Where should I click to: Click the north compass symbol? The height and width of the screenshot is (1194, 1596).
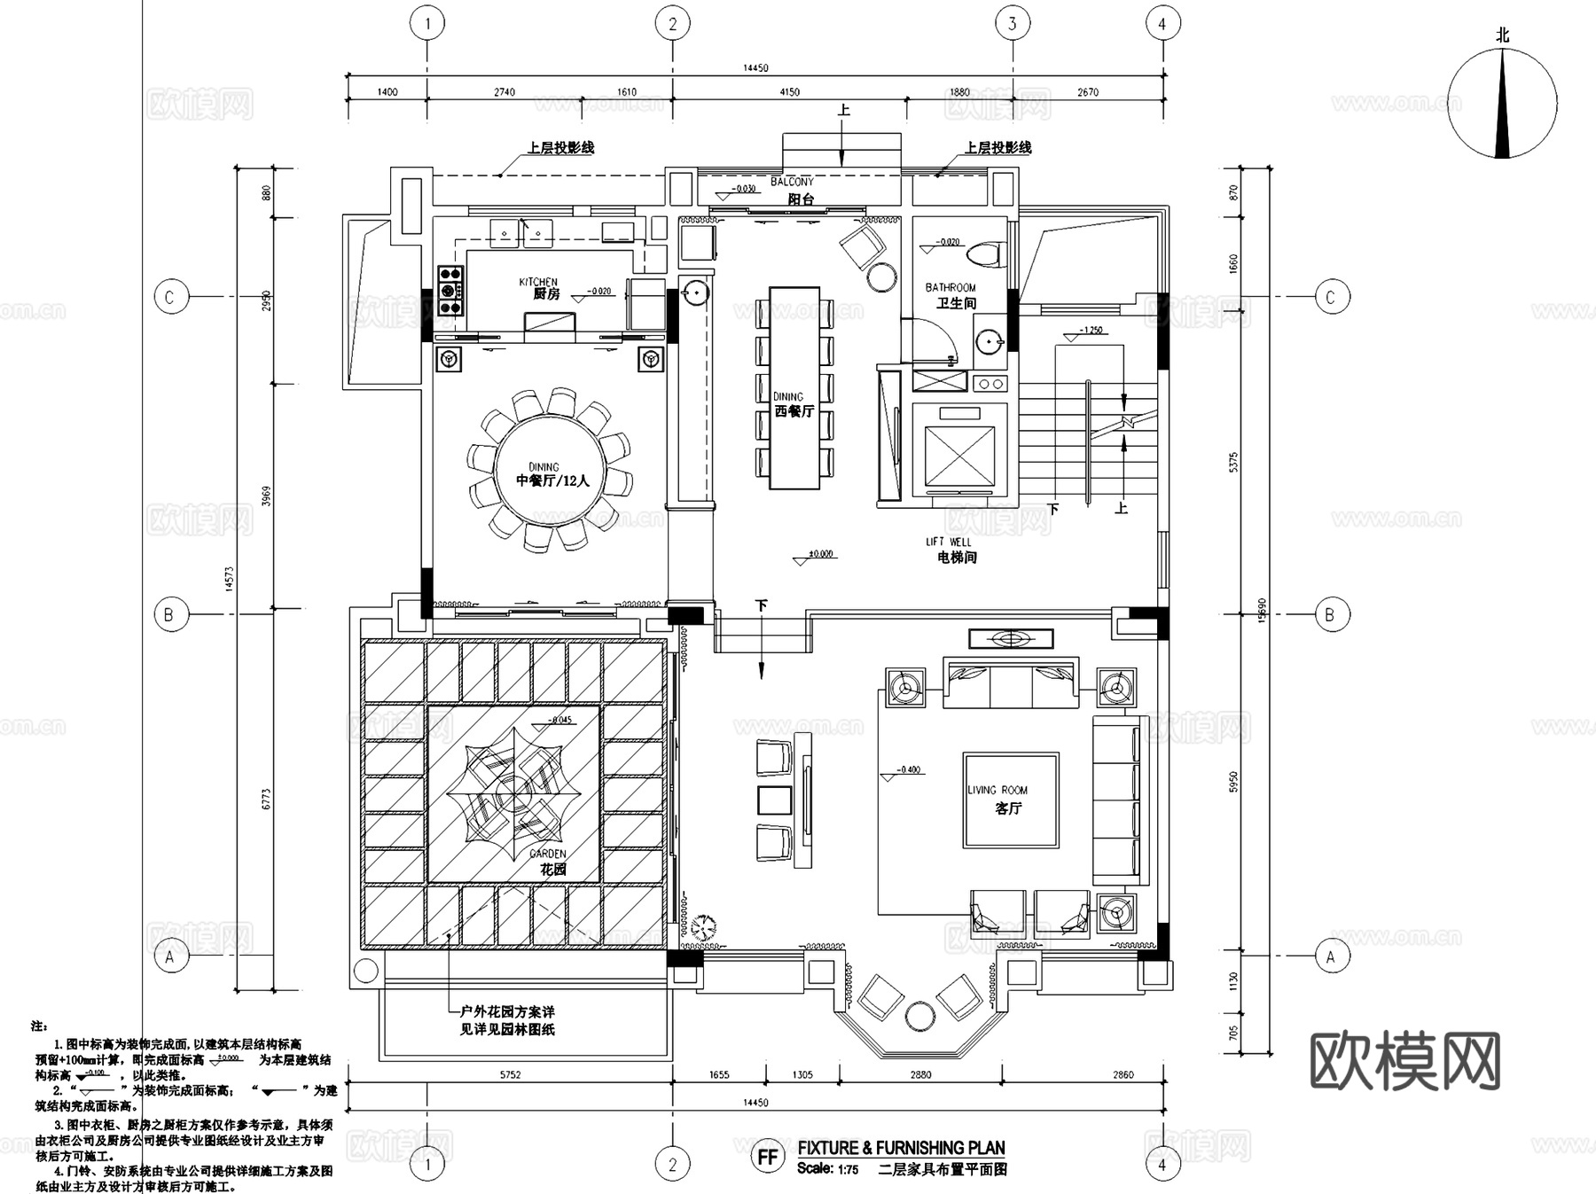[1502, 104]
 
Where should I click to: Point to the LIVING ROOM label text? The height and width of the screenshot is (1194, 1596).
[998, 791]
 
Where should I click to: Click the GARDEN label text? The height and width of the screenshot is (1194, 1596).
[548, 855]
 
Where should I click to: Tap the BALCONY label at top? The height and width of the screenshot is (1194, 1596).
[792, 182]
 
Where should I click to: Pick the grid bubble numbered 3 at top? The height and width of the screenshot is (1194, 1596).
[1013, 24]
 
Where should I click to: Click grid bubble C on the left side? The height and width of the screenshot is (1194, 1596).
[169, 297]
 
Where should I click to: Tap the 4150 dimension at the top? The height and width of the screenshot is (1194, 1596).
[788, 92]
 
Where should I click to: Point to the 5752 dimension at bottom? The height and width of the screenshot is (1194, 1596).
[510, 1075]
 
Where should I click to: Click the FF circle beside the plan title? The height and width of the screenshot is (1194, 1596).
[767, 1157]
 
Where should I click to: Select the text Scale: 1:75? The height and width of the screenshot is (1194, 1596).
[827, 1168]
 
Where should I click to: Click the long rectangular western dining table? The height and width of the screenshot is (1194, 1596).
[794, 386]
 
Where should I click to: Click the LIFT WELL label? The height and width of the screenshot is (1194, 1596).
[949, 542]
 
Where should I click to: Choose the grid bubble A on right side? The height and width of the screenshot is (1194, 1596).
[1329, 956]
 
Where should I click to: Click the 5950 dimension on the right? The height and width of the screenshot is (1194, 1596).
[1233, 781]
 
